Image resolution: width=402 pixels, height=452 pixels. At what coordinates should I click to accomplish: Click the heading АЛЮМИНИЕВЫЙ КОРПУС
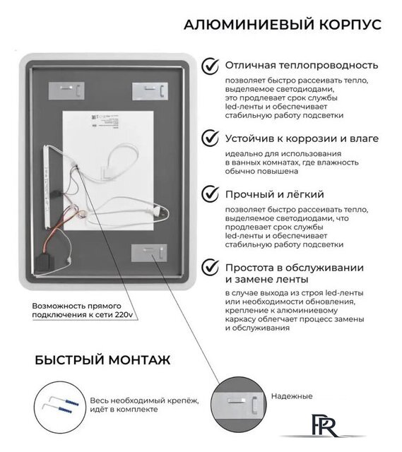282,25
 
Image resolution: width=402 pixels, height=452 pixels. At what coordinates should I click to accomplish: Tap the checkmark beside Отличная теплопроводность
211,66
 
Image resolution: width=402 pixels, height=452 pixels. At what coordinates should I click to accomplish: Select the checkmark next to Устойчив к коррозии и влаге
211,138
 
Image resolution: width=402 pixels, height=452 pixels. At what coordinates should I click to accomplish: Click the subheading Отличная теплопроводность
301,66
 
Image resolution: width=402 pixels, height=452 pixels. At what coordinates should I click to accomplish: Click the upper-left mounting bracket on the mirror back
68,90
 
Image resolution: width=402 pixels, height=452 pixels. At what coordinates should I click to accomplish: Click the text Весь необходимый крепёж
143,400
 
